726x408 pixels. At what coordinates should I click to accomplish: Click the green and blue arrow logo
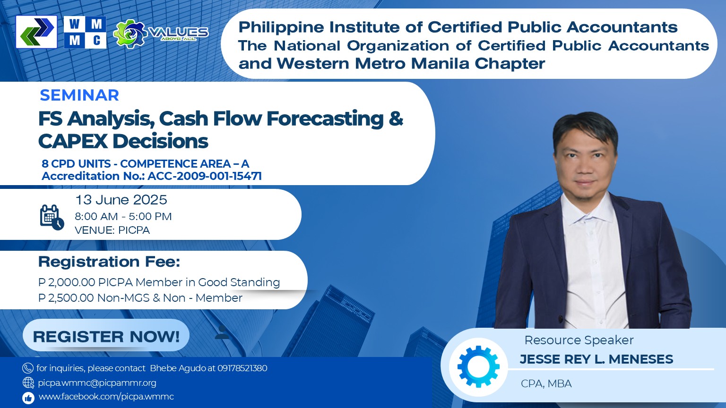[36, 32]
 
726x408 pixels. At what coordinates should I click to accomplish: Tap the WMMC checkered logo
[85, 32]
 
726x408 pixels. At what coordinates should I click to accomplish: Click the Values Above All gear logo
[161, 34]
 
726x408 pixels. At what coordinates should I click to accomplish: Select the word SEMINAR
[79, 95]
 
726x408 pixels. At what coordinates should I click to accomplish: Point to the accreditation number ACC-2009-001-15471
[205, 176]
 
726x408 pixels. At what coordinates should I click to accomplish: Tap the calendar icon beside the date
[52, 217]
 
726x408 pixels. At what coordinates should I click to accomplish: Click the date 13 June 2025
[121, 200]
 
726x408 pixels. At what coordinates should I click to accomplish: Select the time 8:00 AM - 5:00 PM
[123, 216]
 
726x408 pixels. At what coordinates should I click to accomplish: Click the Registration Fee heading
[109, 262]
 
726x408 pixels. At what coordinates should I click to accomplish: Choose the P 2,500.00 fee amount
[66, 298]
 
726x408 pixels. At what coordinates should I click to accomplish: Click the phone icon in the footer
[28, 368]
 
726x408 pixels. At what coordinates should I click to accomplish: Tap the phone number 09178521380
[242, 368]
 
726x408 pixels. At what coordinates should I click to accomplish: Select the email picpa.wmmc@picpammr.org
[97, 383]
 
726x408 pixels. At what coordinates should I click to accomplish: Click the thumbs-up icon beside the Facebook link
[28, 398]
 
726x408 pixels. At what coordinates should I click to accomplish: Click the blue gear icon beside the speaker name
[478, 366]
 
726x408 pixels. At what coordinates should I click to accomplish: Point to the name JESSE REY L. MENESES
[596, 359]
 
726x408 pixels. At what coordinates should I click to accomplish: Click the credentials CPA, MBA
[546, 384]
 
